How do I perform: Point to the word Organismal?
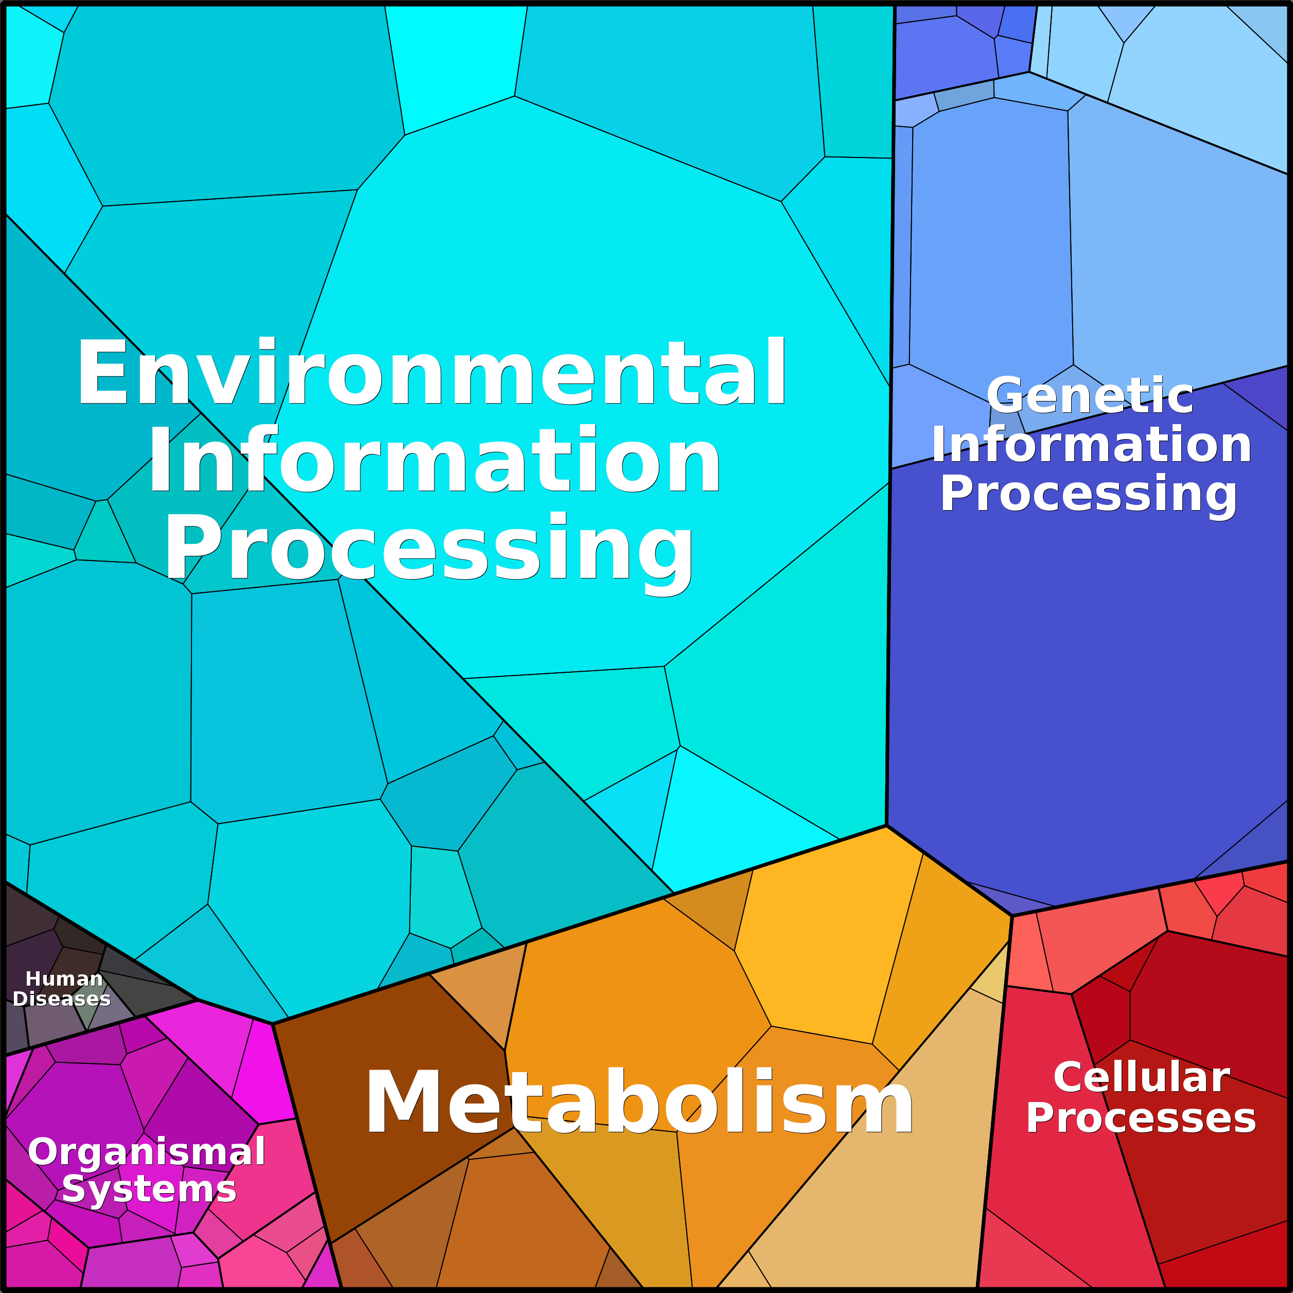(147, 1152)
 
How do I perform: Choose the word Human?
(64, 979)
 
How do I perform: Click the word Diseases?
(62, 999)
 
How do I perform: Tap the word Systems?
(149, 1189)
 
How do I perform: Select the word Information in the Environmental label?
(434, 461)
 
